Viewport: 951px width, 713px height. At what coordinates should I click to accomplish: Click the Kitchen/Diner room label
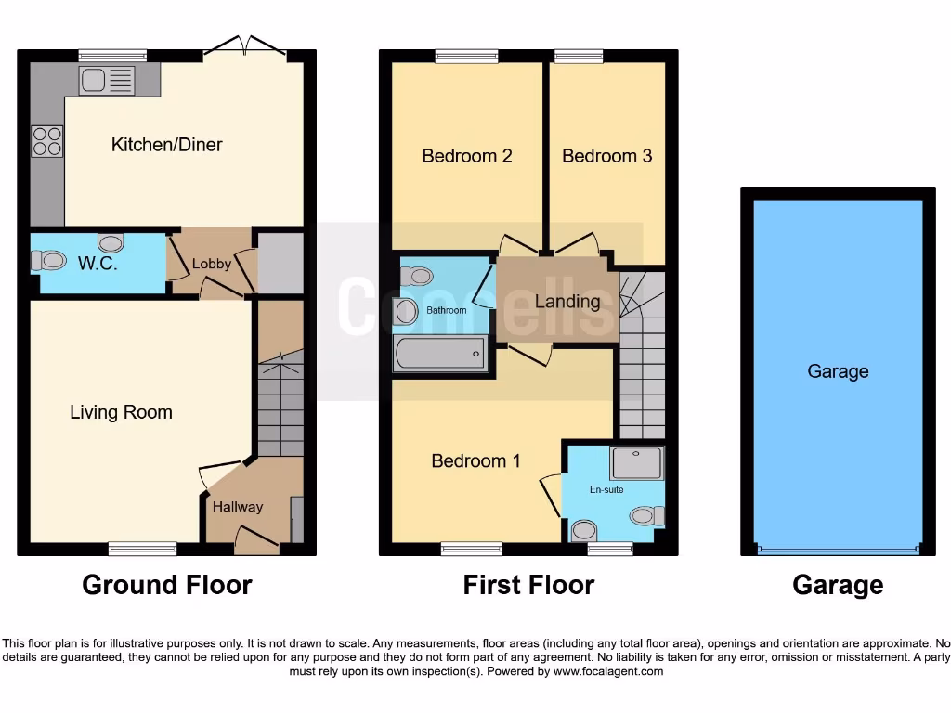tap(166, 145)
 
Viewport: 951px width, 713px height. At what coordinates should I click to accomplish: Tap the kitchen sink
tap(107, 81)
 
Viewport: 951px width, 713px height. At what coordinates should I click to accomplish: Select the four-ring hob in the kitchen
tap(47, 140)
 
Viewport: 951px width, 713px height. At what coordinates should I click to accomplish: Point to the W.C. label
tap(98, 264)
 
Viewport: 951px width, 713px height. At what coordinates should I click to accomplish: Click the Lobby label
tap(211, 264)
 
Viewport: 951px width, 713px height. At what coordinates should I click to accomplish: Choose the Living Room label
tap(121, 412)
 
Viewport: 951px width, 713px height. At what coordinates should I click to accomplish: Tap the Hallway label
tap(238, 507)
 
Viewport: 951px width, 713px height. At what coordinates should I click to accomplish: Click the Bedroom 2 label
tap(467, 156)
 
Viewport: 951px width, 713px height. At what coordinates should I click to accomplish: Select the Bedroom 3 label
tap(606, 156)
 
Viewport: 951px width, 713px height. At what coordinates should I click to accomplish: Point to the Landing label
tap(567, 301)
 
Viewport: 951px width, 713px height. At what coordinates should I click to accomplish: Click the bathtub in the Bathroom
tap(439, 355)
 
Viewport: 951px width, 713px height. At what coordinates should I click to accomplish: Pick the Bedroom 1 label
tap(475, 460)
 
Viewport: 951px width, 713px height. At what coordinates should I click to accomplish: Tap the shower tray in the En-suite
tap(638, 461)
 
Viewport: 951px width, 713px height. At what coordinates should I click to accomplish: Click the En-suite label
tap(607, 489)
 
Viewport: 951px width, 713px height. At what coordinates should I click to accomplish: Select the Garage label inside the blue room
tap(838, 371)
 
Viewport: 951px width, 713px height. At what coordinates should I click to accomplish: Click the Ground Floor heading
tap(167, 585)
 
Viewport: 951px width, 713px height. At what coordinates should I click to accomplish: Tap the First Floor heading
tap(528, 585)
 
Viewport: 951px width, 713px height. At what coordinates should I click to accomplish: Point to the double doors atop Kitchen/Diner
tap(247, 46)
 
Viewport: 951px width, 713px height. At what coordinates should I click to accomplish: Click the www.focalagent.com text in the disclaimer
tap(609, 671)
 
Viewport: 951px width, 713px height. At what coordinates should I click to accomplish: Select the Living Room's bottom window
tap(142, 549)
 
